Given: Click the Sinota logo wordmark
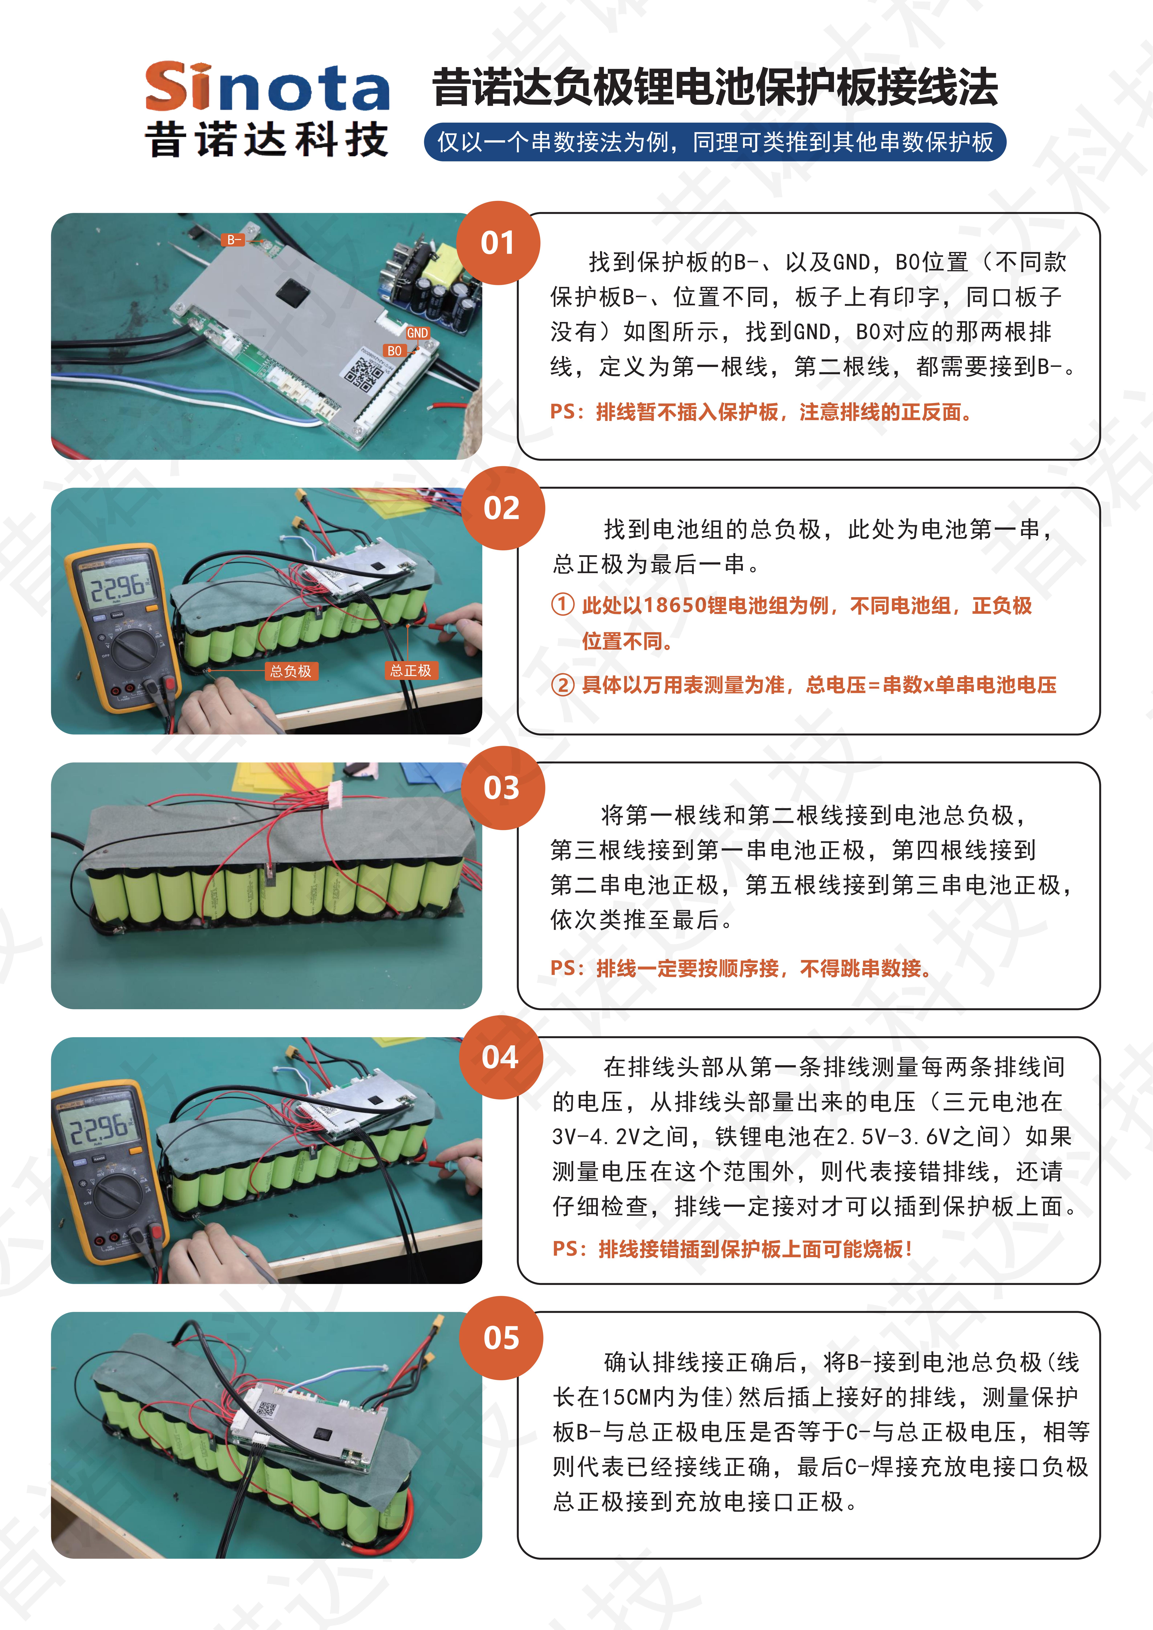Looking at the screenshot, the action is point(267,87).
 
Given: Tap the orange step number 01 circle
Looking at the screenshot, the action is point(498,243).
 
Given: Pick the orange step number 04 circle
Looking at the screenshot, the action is point(501,1057).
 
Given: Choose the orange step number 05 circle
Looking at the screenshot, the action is point(501,1338).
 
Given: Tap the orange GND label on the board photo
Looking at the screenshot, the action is point(417,333).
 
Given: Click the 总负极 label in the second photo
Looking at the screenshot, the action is point(290,671).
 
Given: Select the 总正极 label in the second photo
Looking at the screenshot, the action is point(410,670).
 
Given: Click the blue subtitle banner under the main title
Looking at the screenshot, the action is point(715,142).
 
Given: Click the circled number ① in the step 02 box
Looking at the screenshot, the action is point(562,605).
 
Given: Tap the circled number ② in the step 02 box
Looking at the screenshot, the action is point(562,685).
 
